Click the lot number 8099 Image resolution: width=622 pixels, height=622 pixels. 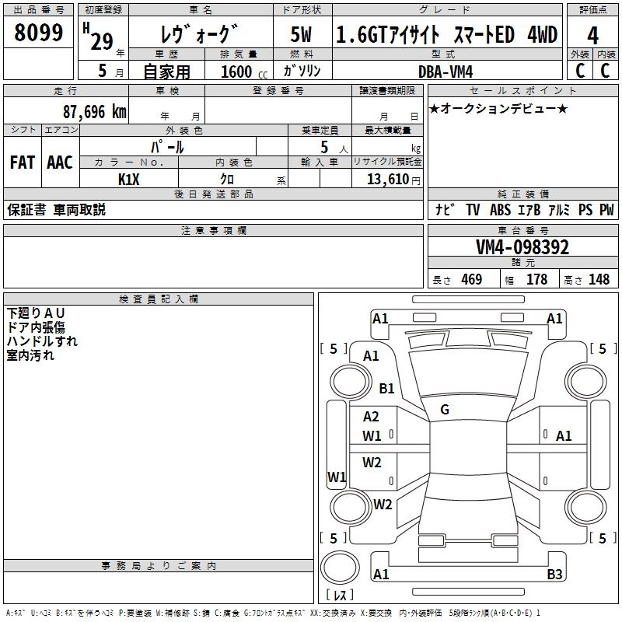[x=38, y=33]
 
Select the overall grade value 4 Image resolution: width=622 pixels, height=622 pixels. [x=592, y=36]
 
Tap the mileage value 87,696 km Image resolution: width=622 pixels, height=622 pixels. [x=95, y=112]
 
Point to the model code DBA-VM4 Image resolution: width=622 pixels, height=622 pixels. [x=446, y=72]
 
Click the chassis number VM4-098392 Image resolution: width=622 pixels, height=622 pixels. [x=522, y=247]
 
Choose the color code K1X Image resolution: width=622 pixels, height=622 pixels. [x=129, y=180]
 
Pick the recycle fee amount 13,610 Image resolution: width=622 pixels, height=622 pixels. [x=387, y=179]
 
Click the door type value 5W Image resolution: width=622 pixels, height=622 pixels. [x=301, y=34]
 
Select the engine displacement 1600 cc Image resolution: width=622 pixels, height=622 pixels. [x=244, y=72]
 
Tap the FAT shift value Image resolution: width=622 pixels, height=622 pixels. [x=23, y=162]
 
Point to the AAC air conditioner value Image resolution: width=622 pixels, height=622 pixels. [x=60, y=162]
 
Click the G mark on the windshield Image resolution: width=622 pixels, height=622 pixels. [x=445, y=410]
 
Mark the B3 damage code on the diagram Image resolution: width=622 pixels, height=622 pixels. [x=554, y=574]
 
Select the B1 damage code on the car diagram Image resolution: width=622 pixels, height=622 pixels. [x=386, y=388]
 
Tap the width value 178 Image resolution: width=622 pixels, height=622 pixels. [x=536, y=279]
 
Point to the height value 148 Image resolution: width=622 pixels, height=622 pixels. [x=599, y=279]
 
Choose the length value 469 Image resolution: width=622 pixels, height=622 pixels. [x=472, y=279]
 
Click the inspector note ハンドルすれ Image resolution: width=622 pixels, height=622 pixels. [x=42, y=341]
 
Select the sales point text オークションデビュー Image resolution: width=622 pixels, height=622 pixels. [x=498, y=108]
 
